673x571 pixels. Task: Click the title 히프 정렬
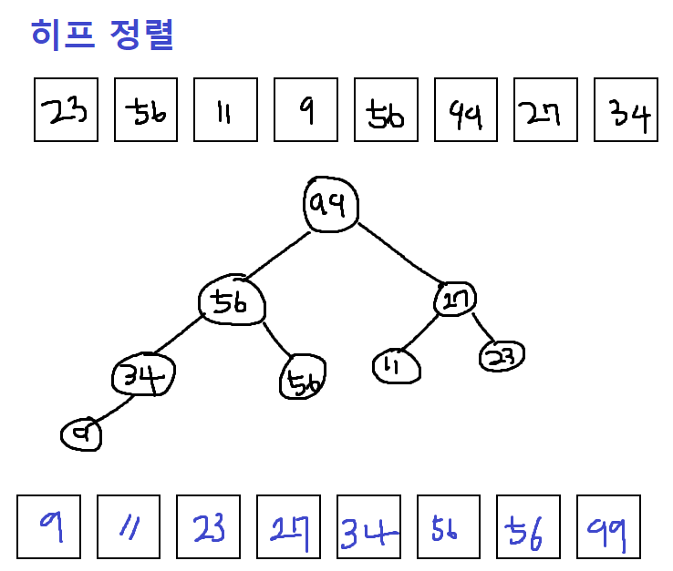(x=102, y=35)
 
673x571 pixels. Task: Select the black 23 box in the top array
(x=66, y=110)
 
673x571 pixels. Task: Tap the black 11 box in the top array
(x=226, y=110)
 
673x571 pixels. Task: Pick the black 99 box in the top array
(x=466, y=110)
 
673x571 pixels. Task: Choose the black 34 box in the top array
(x=626, y=110)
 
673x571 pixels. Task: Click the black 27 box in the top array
(x=545, y=110)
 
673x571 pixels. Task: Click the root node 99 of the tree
(x=330, y=206)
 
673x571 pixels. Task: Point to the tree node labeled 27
(x=455, y=299)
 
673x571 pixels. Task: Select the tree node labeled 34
(x=143, y=376)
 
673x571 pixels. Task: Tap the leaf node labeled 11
(x=397, y=366)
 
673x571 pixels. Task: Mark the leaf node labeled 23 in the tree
(x=502, y=356)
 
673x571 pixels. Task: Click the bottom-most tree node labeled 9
(x=81, y=435)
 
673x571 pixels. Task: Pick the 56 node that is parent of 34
(x=233, y=301)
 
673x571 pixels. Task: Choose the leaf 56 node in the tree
(x=303, y=380)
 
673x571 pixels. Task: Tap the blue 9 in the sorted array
(x=49, y=526)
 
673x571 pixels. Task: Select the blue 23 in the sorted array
(x=208, y=526)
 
